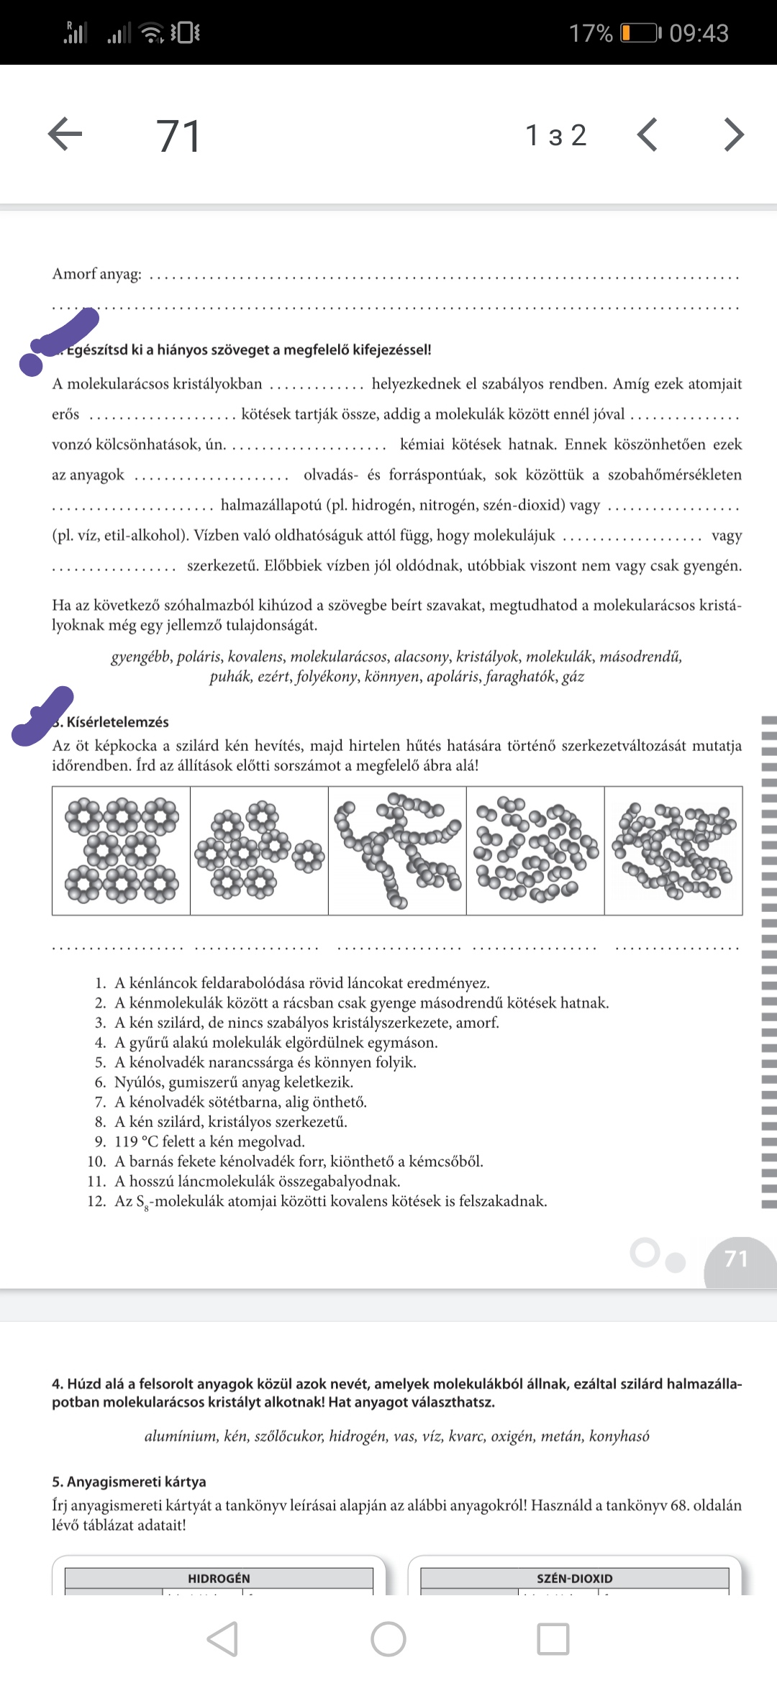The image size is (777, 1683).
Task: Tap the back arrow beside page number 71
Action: click(65, 134)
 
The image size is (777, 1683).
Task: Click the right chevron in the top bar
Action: click(733, 134)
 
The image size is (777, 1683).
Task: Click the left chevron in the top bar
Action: click(647, 134)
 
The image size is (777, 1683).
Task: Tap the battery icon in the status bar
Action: click(639, 33)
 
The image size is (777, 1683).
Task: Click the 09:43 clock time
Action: click(699, 33)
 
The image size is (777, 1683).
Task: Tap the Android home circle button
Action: click(388, 1639)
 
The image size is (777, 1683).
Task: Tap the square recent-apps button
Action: click(553, 1639)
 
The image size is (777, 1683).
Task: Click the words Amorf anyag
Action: click(96, 274)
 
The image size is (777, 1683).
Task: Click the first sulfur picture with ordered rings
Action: click(121, 850)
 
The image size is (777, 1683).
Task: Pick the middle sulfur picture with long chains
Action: click(397, 850)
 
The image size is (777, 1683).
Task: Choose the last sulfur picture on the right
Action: click(673, 850)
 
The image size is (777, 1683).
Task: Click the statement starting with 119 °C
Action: click(209, 1141)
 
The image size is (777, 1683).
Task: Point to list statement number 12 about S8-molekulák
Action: click(330, 1201)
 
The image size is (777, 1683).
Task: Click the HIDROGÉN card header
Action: click(219, 1578)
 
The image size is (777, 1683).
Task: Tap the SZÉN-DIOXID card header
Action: click(574, 1578)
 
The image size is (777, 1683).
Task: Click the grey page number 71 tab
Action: click(737, 1259)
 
